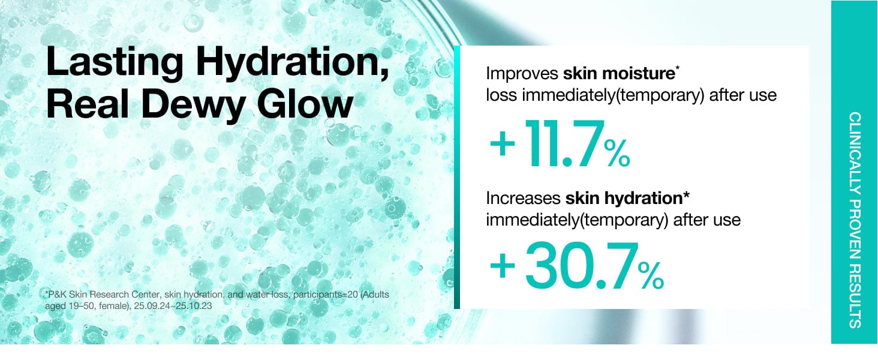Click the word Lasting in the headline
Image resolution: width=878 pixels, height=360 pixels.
pyautogui.click(x=115, y=62)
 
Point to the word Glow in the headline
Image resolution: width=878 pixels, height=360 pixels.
pyautogui.click(x=305, y=103)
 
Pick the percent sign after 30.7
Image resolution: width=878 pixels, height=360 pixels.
pyautogui.click(x=651, y=275)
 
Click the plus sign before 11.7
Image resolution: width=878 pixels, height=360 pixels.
pyautogui.click(x=503, y=144)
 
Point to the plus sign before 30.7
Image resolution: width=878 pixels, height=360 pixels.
pyautogui.click(x=503, y=266)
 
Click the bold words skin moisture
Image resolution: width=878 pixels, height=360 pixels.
pyautogui.click(x=619, y=73)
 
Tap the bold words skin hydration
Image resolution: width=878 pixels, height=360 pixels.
pyautogui.click(x=624, y=199)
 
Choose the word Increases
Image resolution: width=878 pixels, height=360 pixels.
pyautogui.click(x=524, y=199)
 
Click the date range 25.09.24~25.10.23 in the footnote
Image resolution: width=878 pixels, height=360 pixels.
pyautogui.click(x=173, y=305)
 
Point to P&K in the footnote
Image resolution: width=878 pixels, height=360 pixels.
pyautogui.click(x=57, y=294)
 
